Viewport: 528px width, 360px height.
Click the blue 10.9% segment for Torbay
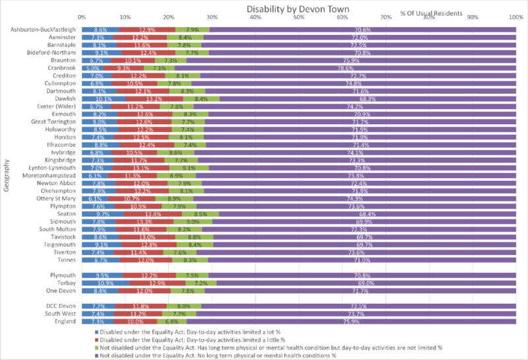(105, 283)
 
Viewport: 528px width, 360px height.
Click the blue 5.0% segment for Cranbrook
(92, 68)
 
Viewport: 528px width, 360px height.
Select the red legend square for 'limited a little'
(96, 340)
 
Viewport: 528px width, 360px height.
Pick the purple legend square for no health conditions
(96, 355)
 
